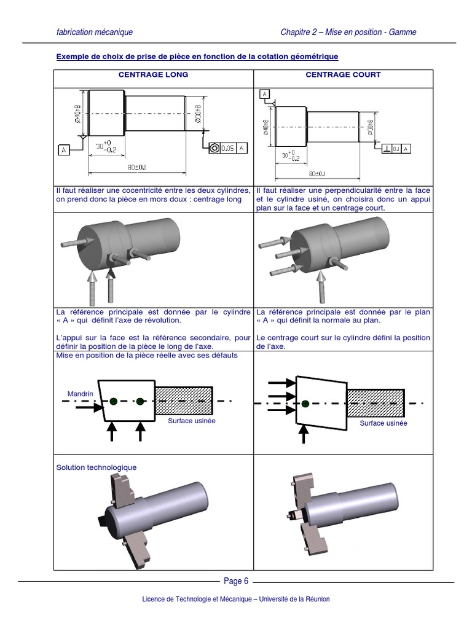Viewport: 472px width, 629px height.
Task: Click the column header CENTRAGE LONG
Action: [x=153, y=75]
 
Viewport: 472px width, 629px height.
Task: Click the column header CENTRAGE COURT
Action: [x=343, y=75]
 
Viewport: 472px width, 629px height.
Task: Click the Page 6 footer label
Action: [x=236, y=581]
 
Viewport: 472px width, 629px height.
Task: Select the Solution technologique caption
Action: [x=96, y=467]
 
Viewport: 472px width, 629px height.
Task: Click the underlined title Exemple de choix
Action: [x=197, y=57]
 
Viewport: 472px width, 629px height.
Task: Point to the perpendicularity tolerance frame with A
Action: [x=396, y=149]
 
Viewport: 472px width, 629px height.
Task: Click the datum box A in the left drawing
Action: [x=63, y=149]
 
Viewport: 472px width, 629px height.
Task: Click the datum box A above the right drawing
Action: [x=264, y=94]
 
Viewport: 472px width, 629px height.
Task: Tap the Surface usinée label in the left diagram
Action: [x=192, y=421]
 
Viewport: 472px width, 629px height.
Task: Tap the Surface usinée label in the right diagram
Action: [x=383, y=423]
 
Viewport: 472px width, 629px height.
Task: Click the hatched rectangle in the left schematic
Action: [x=184, y=402]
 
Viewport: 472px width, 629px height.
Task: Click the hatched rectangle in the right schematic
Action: [x=375, y=403]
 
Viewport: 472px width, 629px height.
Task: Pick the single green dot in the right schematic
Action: [x=305, y=404]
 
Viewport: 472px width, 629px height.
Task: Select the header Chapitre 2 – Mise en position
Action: [x=348, y=32]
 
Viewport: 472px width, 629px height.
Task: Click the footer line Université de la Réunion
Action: [x=236, y=600]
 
